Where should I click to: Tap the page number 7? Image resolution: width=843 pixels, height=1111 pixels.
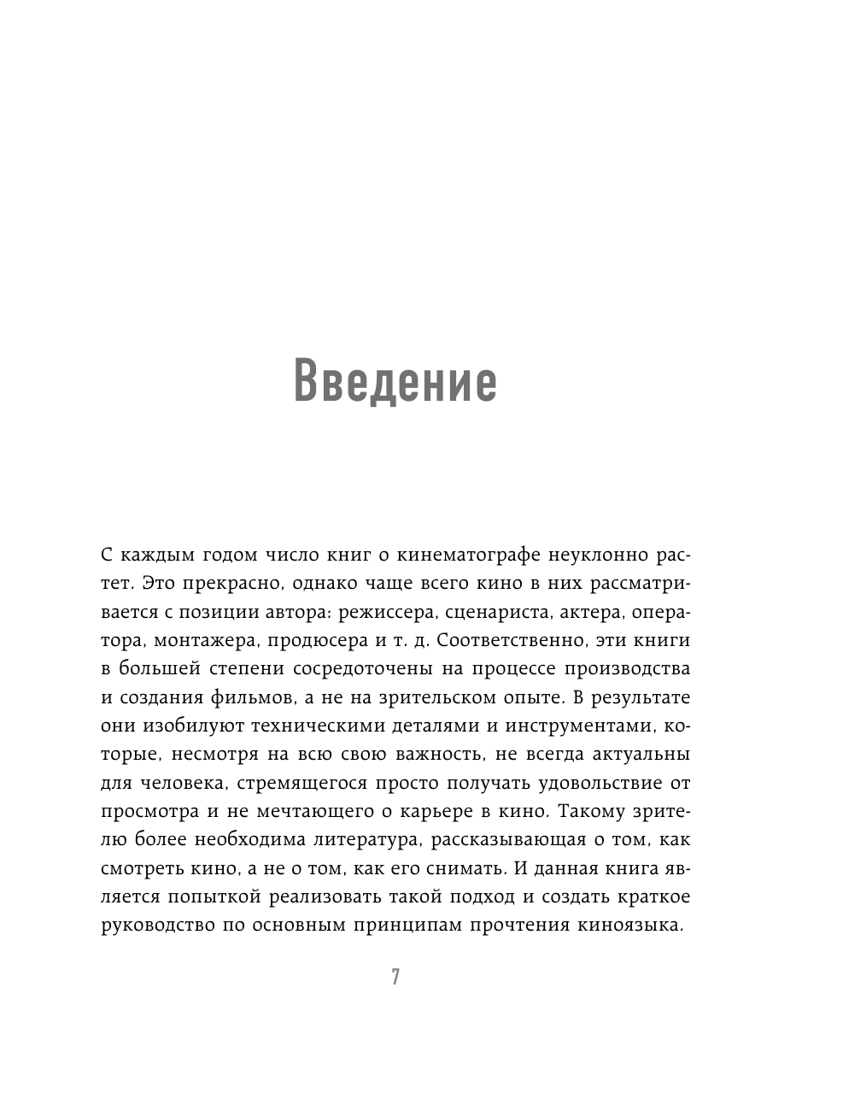[x=395, y=978]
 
